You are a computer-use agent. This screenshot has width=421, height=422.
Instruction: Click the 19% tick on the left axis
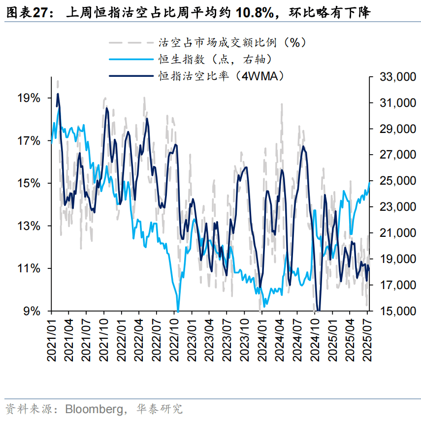pyautogui.click(x=29, y=98)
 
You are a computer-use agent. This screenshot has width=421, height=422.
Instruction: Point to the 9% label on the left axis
pyautogui.click(x=32, y=311)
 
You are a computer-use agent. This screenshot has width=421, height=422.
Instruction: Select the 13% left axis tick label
pyautogui.click(x=29, y=226)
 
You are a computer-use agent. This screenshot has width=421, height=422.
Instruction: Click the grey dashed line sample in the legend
pyautogui.click(x=130, y=43)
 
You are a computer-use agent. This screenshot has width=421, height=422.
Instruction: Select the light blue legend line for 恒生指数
pyautogui.click(x=130, y=59)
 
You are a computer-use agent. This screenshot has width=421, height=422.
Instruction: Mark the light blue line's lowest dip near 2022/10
pyautogui.click(x=178, y=310)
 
